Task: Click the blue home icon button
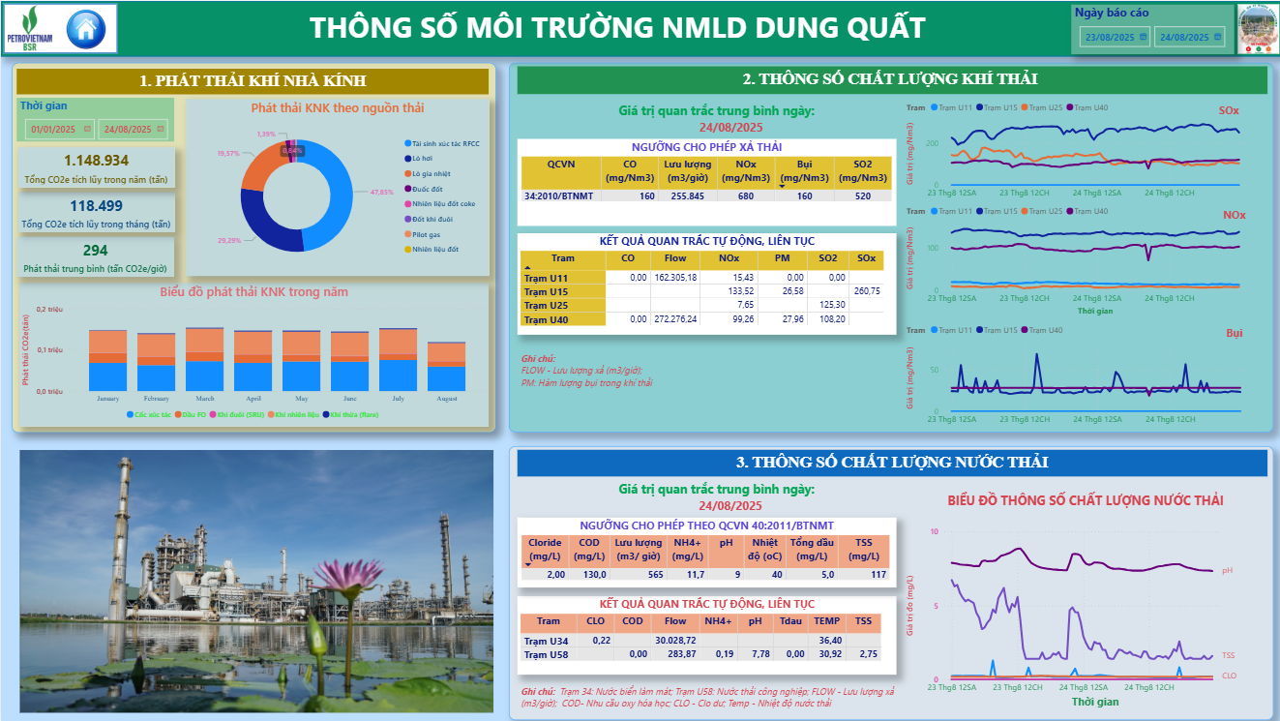pos(86,28)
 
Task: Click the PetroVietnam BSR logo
pos(30,28)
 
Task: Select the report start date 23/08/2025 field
pos(1115,37)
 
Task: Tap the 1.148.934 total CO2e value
pos(96,161)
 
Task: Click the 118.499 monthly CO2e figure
pos(96,205)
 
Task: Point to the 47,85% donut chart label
pos(382,192)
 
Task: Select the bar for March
pos(205,358)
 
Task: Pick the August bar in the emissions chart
pos(447,366)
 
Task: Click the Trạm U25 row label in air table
pos(547,305)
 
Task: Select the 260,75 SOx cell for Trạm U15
pos(866,291)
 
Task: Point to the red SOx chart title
pos(1228,111)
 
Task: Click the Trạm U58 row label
pos(547,654)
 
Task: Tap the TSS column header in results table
pos(863,621)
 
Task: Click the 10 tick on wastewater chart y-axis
pos(934,531)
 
